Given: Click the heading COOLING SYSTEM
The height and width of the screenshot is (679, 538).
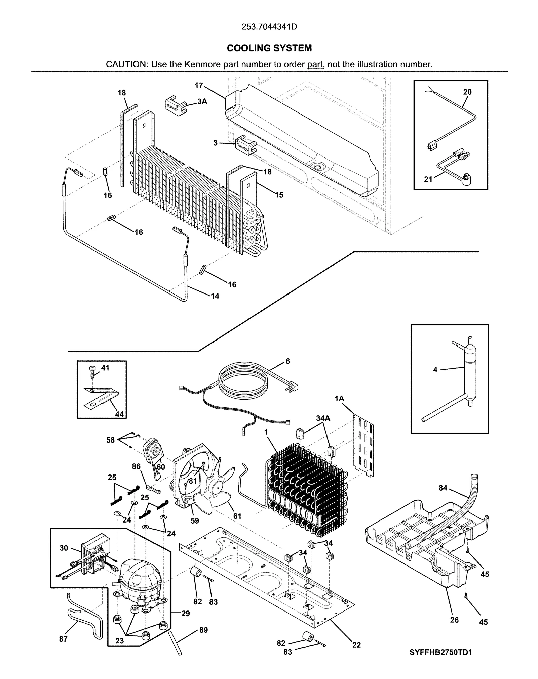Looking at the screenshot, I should [x=269, y=48].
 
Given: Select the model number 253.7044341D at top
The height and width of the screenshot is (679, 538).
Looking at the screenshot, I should [x=269, y=27].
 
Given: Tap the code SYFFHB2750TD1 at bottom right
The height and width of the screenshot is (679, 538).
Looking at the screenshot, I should [x=440, y=652].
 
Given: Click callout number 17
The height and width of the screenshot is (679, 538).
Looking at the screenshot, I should [x=199, y=85].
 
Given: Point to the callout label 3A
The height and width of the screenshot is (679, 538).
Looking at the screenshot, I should [x=202, y=101].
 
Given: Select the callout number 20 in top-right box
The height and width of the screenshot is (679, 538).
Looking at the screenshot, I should [x=467, y=92].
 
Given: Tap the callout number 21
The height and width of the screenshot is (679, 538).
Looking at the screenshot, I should [x=428, y=179].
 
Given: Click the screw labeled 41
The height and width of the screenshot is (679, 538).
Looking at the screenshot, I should [x=93, y=370].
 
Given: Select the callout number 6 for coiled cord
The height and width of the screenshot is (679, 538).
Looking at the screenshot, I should [x=287, y=361].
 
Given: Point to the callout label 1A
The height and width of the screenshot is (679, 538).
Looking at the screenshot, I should [x=339, y=399].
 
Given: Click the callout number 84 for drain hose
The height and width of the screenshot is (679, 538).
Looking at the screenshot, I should [x=443, y=488].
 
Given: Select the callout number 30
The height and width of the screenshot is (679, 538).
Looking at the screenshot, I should [x=64, y=548].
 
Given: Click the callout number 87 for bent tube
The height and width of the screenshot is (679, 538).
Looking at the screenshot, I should [x=63, y=639].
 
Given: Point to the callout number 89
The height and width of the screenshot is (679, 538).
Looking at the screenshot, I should [x=203, y=630].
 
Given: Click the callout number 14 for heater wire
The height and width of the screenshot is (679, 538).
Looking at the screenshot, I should [x=215, y=296].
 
